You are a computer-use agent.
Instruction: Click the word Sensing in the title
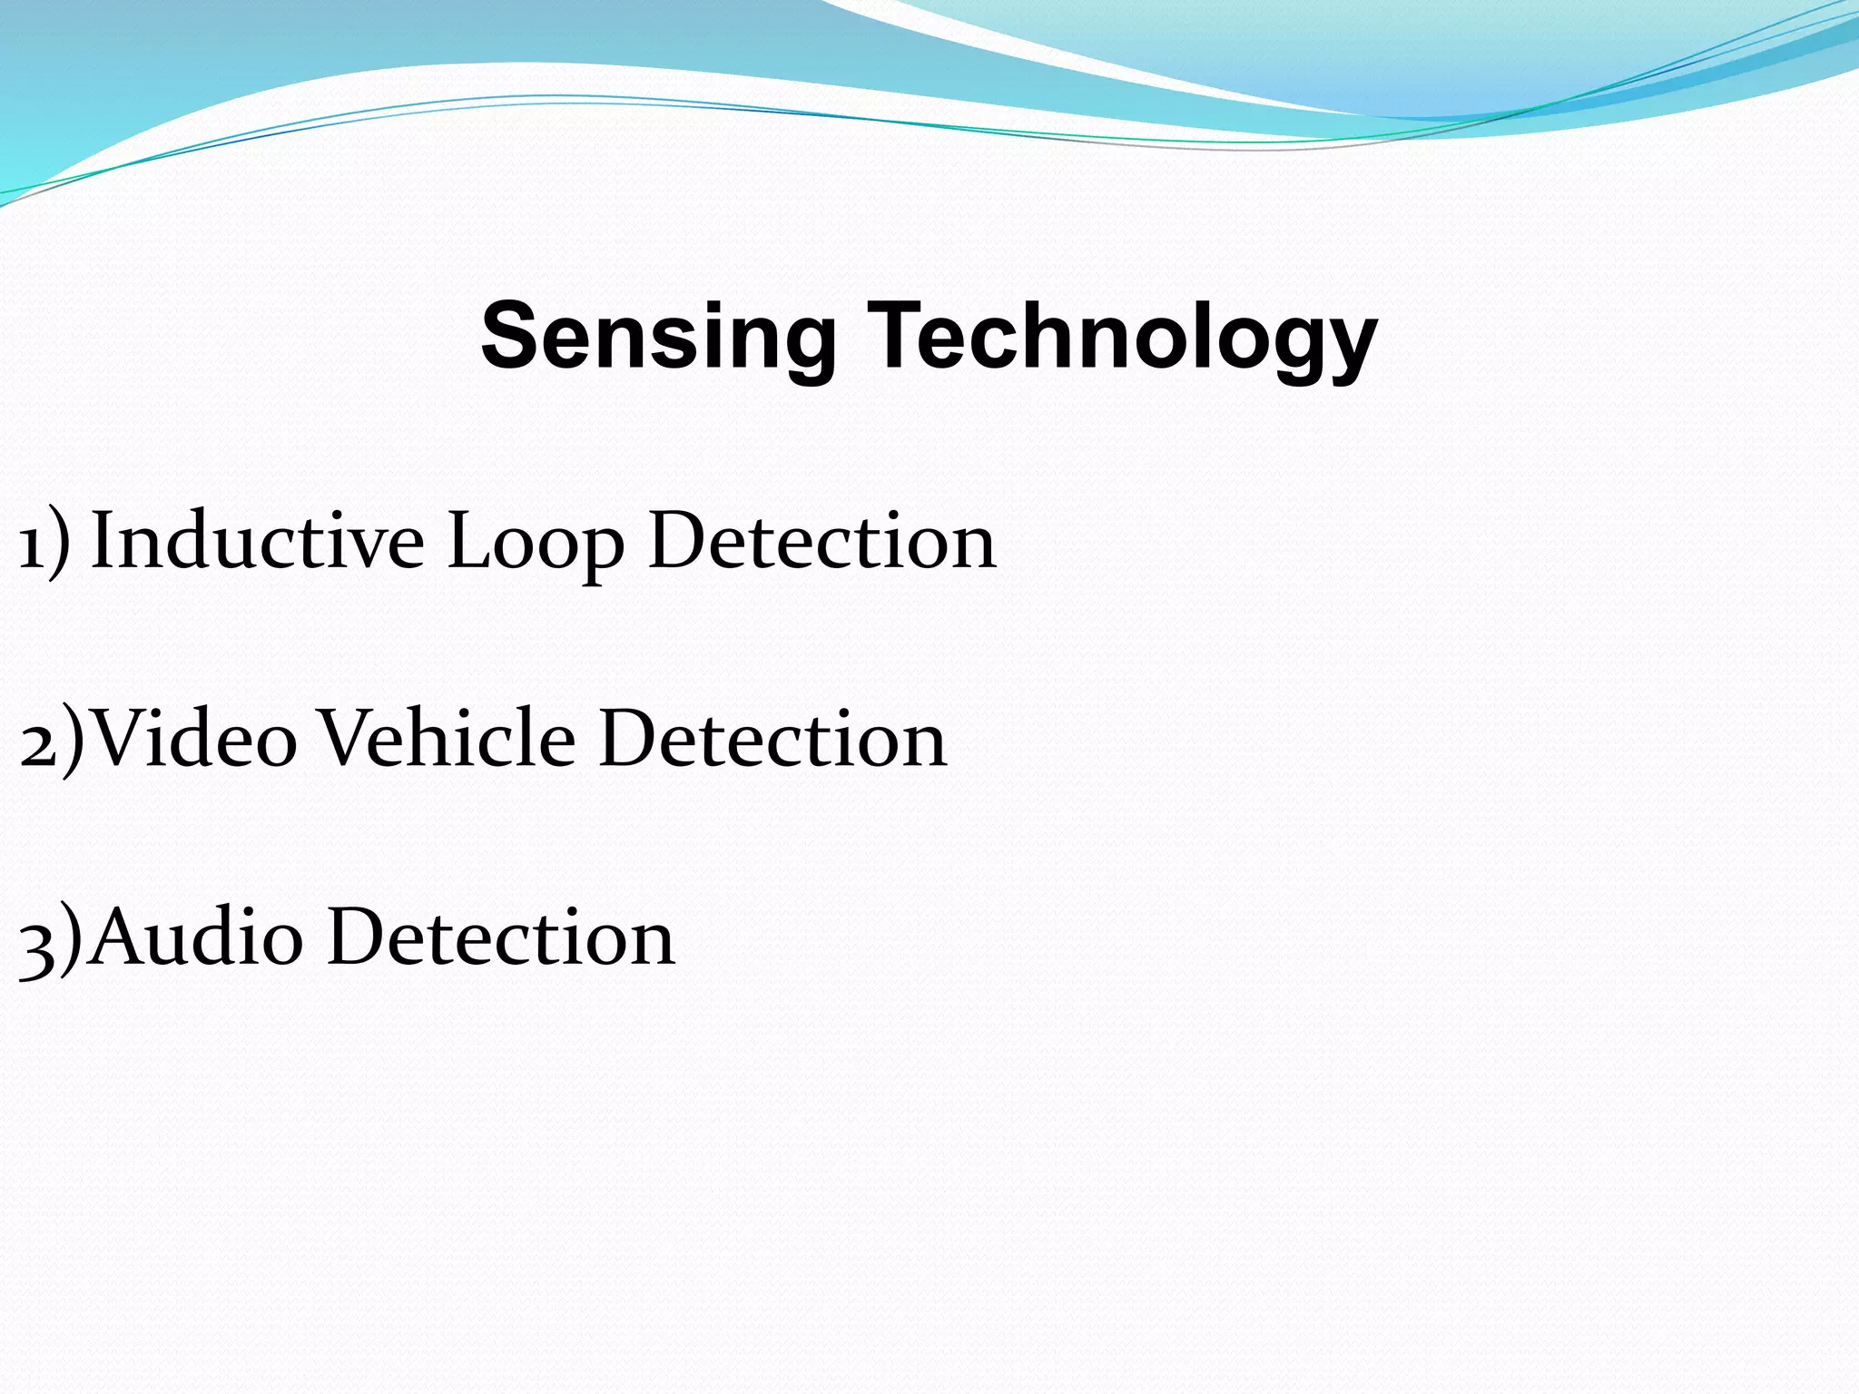coord(657,337)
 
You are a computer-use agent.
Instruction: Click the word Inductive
coord(258,542)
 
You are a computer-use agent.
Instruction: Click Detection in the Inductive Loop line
coord(822,542)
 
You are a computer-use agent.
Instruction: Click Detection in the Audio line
coord(501,938)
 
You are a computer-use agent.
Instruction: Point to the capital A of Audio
coord(121,936)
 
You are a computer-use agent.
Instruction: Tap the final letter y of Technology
coord(1351,345)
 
